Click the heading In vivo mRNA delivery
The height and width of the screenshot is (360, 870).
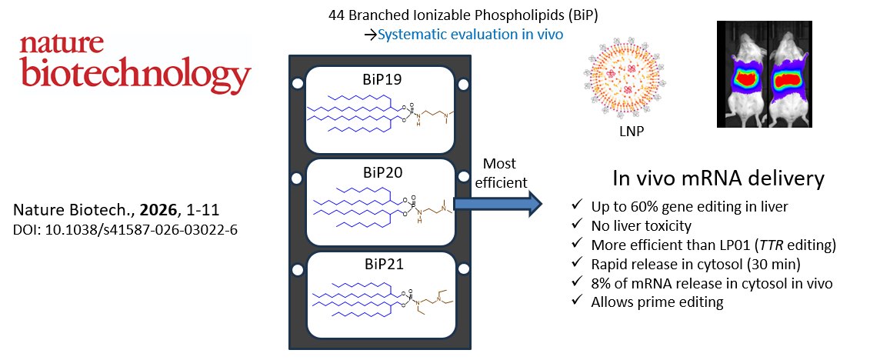coord(718,179)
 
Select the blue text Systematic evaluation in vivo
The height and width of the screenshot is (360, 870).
coord(470,34)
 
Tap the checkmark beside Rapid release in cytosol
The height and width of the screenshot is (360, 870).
coord(578,264)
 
